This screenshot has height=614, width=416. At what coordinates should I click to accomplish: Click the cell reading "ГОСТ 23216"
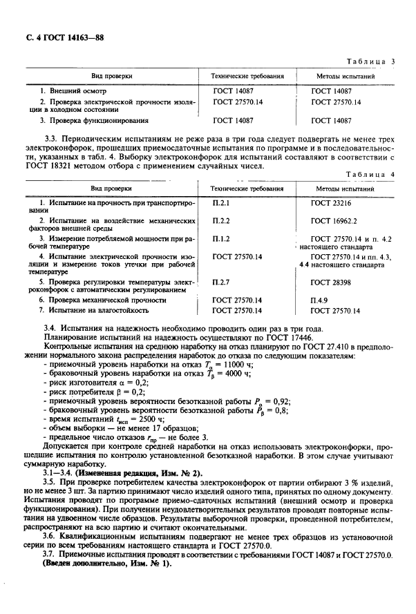click(331, 204)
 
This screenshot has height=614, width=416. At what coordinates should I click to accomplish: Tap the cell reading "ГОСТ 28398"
click(331, 282)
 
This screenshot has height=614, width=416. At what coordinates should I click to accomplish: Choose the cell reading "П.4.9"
click(319, 300)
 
